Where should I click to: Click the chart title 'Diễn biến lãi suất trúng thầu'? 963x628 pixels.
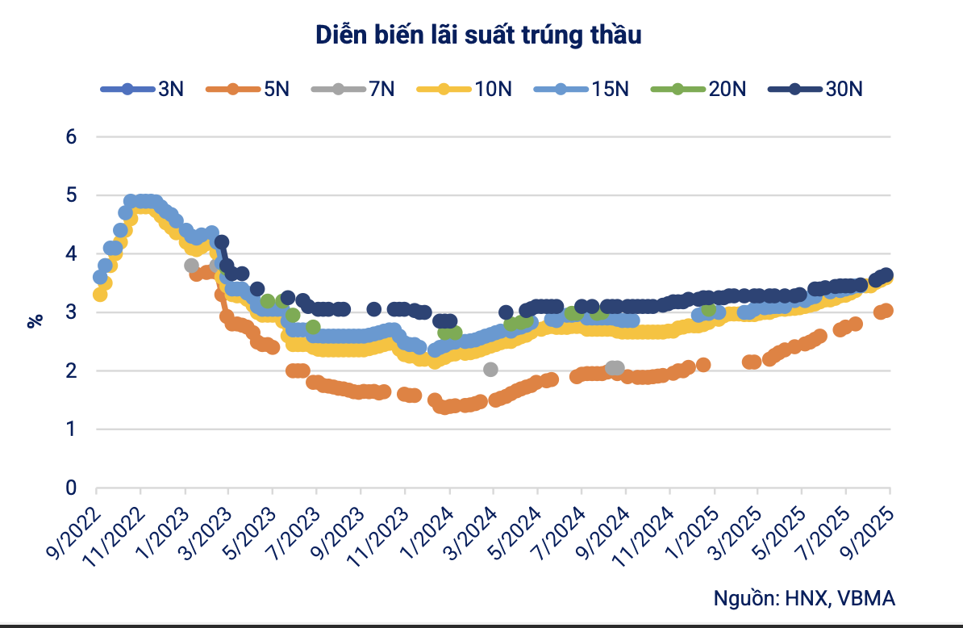479,36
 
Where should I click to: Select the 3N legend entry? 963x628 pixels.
143,89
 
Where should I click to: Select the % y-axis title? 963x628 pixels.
35,320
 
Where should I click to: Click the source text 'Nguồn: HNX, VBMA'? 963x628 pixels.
804,598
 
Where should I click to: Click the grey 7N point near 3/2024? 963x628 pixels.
490,369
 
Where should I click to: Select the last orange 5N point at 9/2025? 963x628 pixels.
886,311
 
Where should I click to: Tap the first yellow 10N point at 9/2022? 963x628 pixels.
100,295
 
